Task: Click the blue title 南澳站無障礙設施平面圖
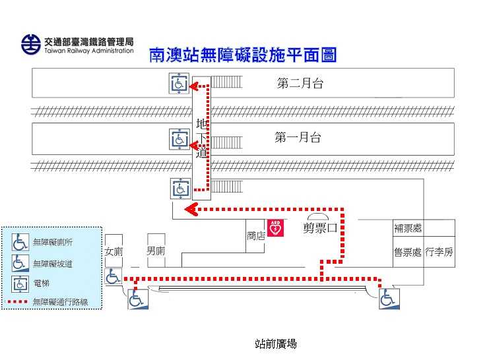(x=243, y=55)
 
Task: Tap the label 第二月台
(x=300, y=84)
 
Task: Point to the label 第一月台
(x=298, y=138)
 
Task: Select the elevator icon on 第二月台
(x=179, y=84)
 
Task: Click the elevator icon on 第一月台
(x=179, y=139)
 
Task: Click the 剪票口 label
(x=320, y=228)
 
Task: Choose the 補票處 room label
(x=408, y=229)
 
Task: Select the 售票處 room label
(x=407, y=252)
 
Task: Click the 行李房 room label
(x=439, y=252)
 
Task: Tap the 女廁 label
(x=113, y=252)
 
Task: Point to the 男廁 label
(x=156, y=251)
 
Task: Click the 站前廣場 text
(x=276, y=344)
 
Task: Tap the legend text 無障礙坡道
(x=52, y=263)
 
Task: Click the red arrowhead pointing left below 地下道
(x=191, y=210)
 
